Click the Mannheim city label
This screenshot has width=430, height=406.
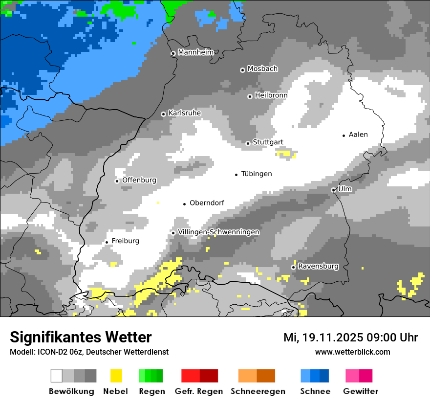tap(195, 52)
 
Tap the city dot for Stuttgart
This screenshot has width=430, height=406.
tap(248, 143)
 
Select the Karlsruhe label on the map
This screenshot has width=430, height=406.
tap(184, 113)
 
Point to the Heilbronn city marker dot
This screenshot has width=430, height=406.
tap(250, 96)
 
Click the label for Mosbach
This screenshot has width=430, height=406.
tap(262, 69)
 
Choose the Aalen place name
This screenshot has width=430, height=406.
tap(358, 135)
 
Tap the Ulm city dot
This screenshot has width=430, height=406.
tap(333, 190)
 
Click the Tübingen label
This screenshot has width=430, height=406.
tap(257, 174)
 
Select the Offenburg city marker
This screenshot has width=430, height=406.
tap(117, 181)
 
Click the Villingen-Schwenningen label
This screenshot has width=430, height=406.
tap(218, 232)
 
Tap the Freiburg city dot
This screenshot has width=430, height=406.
tap(107, 242)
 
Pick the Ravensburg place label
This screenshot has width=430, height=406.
tap(318, 266)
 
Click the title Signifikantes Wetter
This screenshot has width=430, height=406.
tap(81, 337)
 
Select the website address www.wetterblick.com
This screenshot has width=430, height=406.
tap(352, 352)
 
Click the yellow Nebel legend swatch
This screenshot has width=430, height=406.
tap(116, 376)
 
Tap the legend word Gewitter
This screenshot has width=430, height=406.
tap(360, 391)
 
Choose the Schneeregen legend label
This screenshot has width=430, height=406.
tap(258, 391)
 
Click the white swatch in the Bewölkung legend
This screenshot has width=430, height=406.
tap(57, 376)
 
